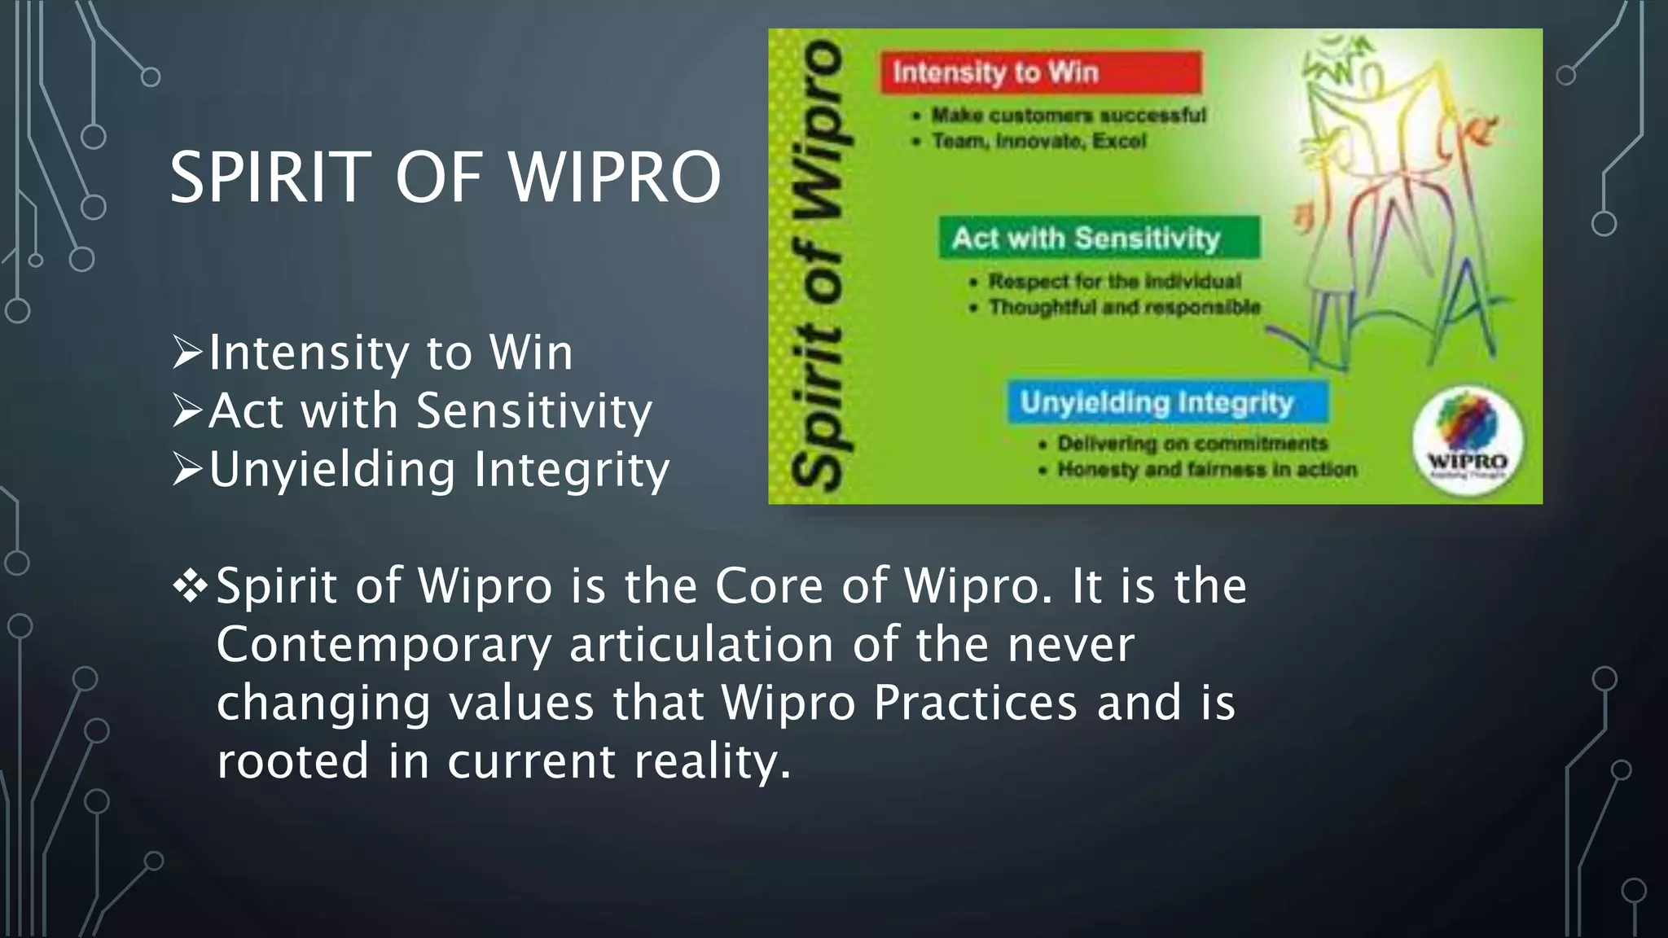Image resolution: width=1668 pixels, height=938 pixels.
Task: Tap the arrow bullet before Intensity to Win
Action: tap(187, 353)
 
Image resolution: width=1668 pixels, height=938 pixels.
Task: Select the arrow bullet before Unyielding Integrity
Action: tap(187, 470)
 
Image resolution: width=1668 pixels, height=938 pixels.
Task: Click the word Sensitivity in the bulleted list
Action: tap(534, 410)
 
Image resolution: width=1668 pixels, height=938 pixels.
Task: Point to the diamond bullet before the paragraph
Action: tap(191, 586)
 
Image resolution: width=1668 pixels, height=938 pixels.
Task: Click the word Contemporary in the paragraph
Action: tap(384, 645)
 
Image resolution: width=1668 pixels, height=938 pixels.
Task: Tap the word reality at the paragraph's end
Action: tap(711, 762)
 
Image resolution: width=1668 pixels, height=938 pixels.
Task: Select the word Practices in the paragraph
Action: tap(975, 703)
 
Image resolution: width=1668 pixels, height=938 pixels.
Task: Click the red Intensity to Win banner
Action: tap(1040, 72)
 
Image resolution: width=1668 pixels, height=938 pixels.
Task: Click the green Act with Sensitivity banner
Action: tap(1098, 238)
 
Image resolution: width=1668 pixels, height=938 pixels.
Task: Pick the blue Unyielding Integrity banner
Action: tap(1166, 402)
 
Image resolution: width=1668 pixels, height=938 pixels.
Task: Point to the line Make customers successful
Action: tap(1068, 115)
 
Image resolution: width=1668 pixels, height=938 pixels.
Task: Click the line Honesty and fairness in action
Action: tap(1206, 470)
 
